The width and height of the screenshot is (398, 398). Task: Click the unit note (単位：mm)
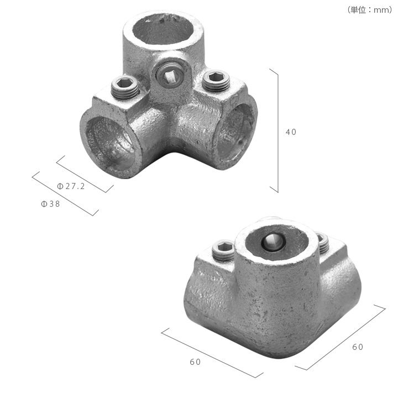point(370,10)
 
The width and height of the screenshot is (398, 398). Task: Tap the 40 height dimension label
point(291,132)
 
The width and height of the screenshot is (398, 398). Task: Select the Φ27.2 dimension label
point(71,186)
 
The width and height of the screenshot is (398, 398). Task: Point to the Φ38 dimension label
point(50,204)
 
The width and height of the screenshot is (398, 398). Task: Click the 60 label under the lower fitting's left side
point(195,362)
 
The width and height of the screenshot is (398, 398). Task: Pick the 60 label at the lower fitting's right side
point(358,347)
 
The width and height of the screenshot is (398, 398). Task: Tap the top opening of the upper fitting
point(163,29)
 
